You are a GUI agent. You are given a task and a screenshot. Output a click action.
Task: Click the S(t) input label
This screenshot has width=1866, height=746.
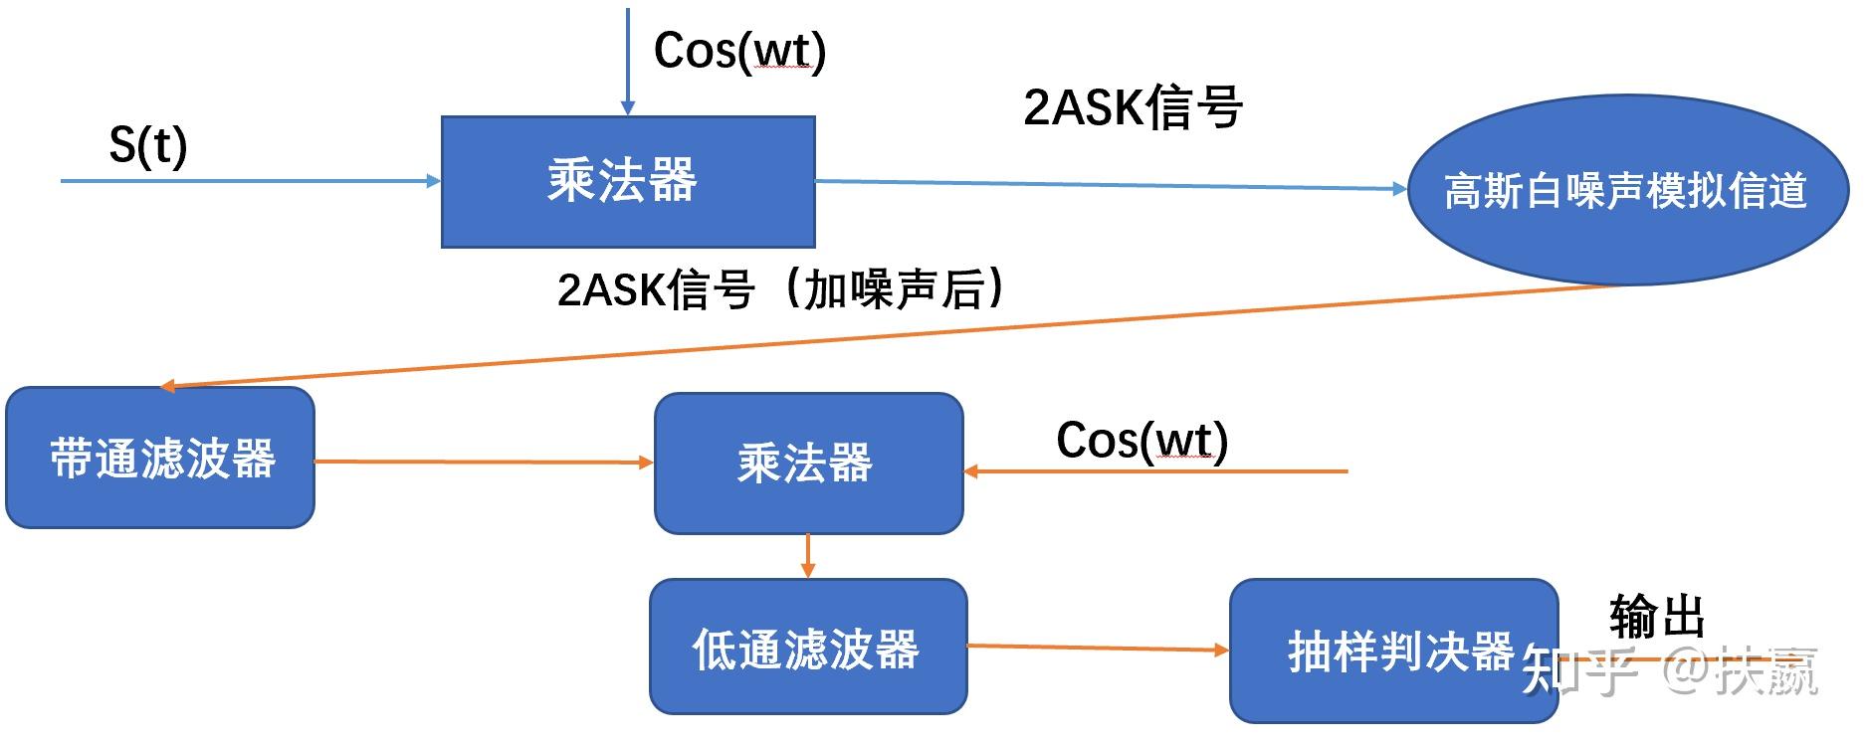[x=147, y=145]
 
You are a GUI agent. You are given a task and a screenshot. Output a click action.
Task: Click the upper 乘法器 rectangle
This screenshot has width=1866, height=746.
[x=628, y=182]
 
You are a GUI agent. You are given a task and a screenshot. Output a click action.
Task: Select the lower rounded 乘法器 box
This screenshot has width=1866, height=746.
[x=808, y=464]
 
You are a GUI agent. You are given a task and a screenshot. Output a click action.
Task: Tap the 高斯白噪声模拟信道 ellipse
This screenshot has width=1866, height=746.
[x=1626, y=190]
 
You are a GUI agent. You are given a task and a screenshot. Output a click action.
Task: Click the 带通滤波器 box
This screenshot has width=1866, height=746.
[x=160, y=459]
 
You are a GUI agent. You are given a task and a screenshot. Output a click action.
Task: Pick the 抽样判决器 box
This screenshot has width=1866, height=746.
[x=1393, y=652]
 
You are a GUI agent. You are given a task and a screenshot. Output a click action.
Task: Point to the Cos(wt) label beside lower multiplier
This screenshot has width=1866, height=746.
[x=1141, y=441]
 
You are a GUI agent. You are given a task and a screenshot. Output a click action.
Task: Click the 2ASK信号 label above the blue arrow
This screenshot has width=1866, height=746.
[x=1133, y=106]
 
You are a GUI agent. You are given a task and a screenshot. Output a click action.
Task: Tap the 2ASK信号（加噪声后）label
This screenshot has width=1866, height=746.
[x=781, y=289]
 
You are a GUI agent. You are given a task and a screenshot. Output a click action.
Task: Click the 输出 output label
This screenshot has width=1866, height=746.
[x=1657, y=616]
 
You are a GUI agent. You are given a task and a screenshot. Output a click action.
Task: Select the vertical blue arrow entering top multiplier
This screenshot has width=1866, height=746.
[x=628, y=60]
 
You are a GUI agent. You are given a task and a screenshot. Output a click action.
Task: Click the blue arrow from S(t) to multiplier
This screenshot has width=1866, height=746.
[x=249, y=181]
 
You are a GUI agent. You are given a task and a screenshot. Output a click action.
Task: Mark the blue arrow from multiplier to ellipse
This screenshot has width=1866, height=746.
[x=1110, y=185]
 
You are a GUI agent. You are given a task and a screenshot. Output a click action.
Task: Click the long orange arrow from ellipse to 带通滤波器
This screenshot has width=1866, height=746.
[x=896, y=336]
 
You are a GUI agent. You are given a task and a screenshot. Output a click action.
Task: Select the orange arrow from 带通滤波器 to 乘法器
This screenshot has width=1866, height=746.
[x=483, y=462]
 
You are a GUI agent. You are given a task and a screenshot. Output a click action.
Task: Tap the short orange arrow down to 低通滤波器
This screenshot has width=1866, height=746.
[x=808, y=556]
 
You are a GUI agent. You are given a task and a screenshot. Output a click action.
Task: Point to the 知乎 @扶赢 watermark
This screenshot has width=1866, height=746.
[x=1672, y=671]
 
